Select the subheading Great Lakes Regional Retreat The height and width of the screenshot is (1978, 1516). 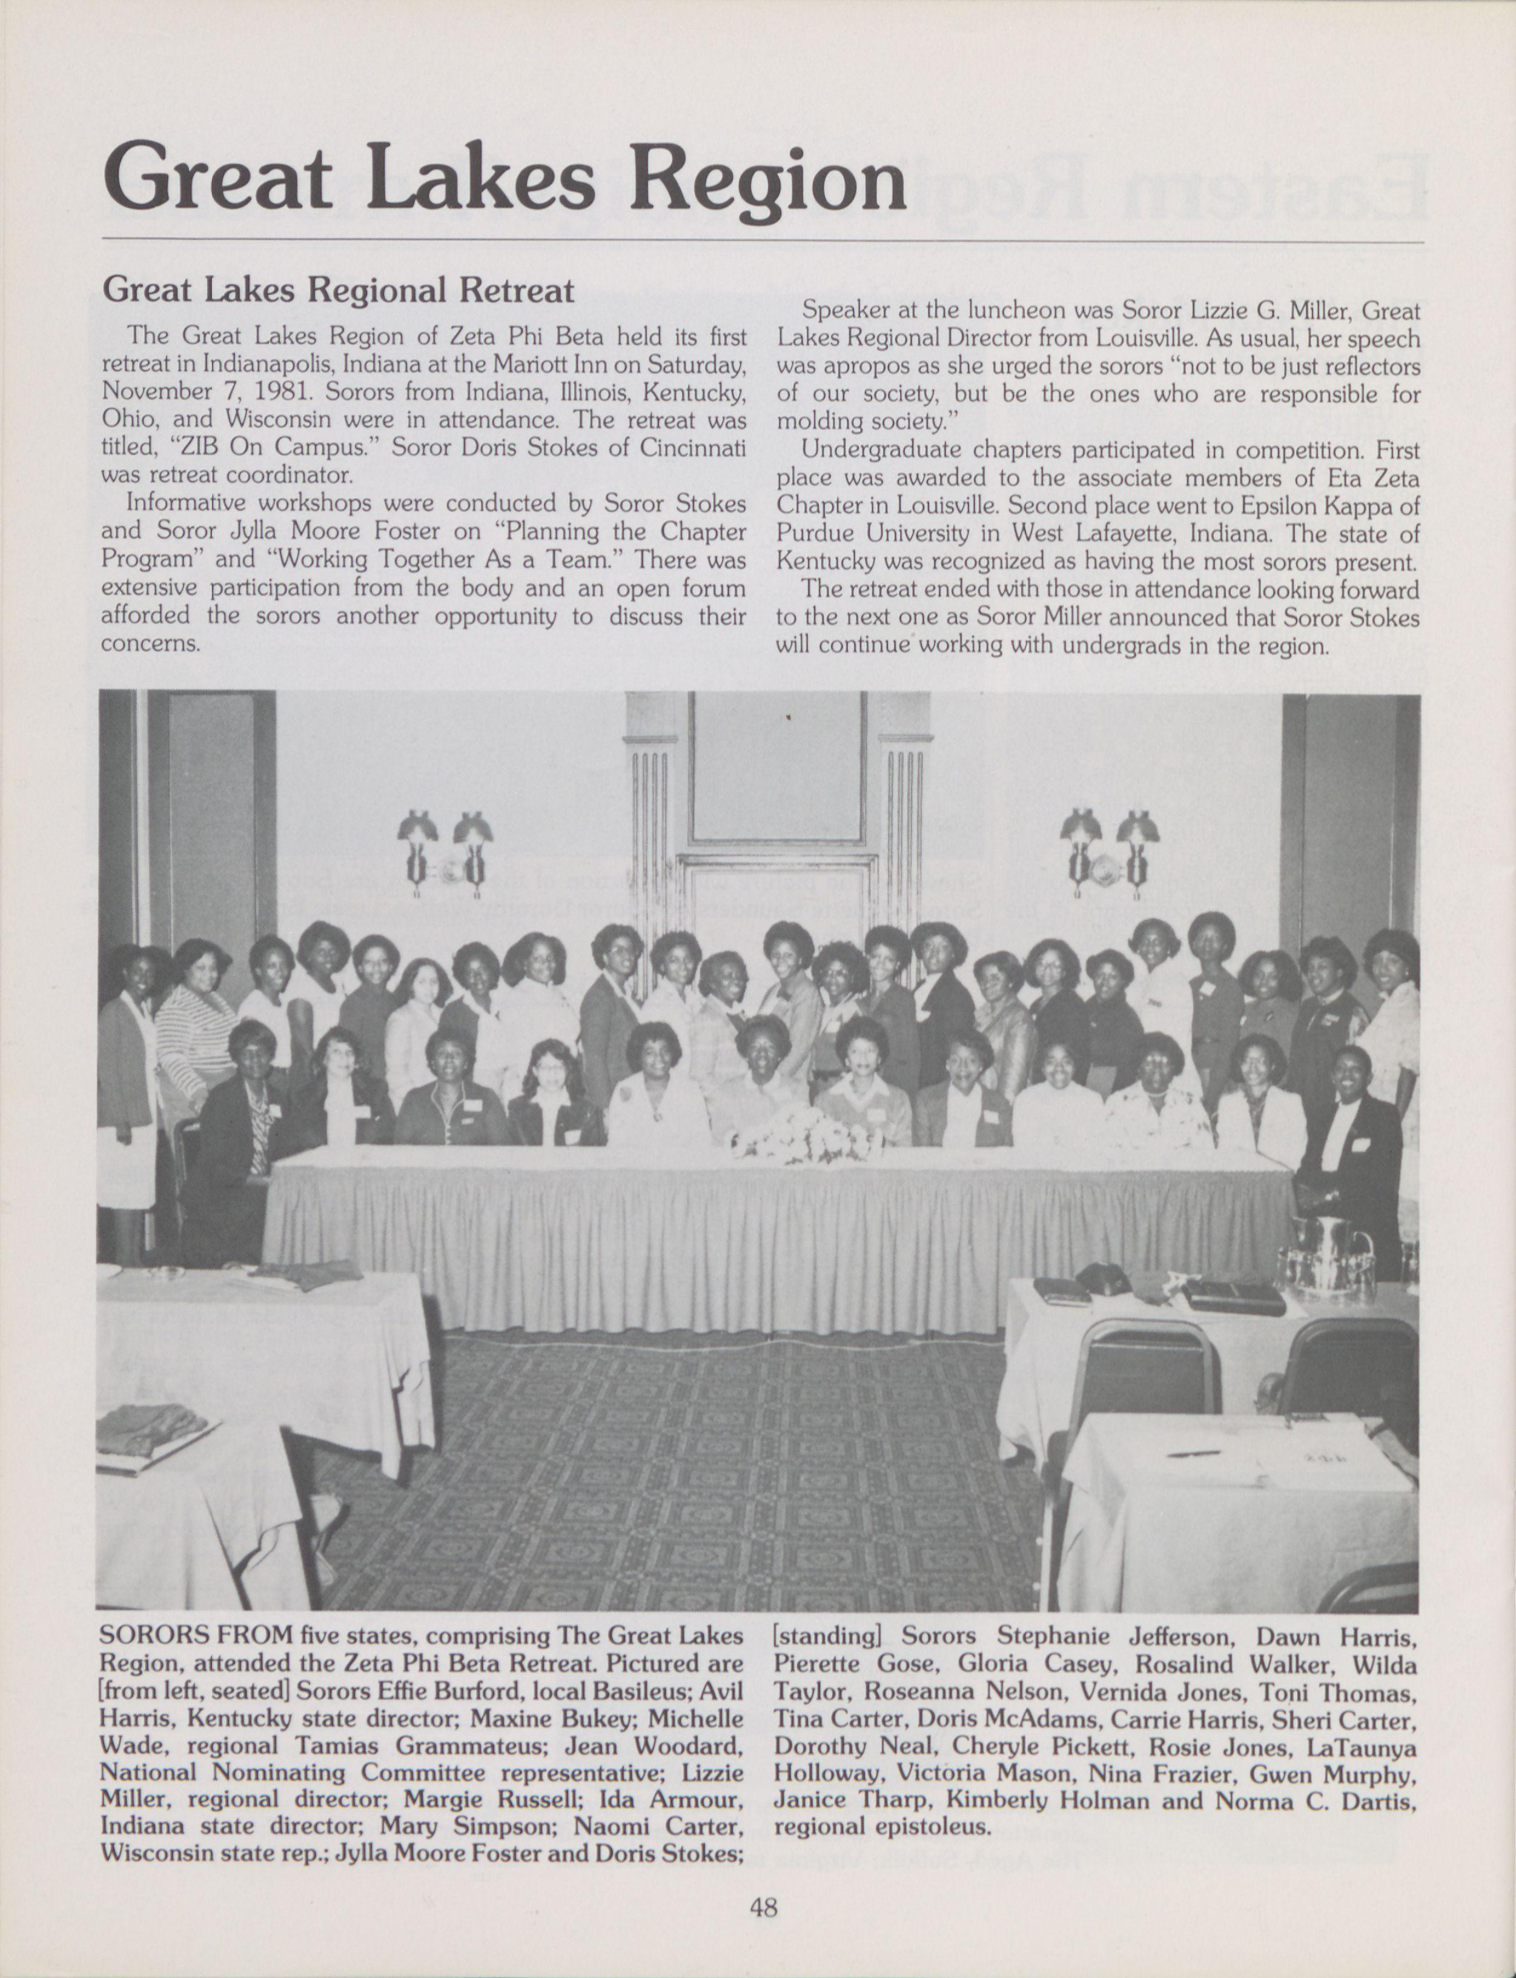[339, 290]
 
